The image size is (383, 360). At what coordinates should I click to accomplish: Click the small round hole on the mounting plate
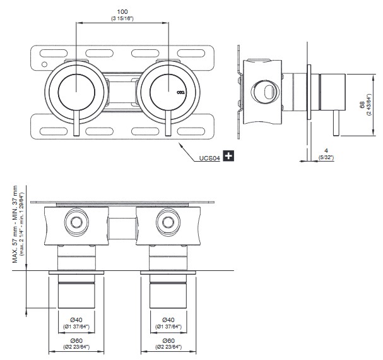point(44,64)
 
